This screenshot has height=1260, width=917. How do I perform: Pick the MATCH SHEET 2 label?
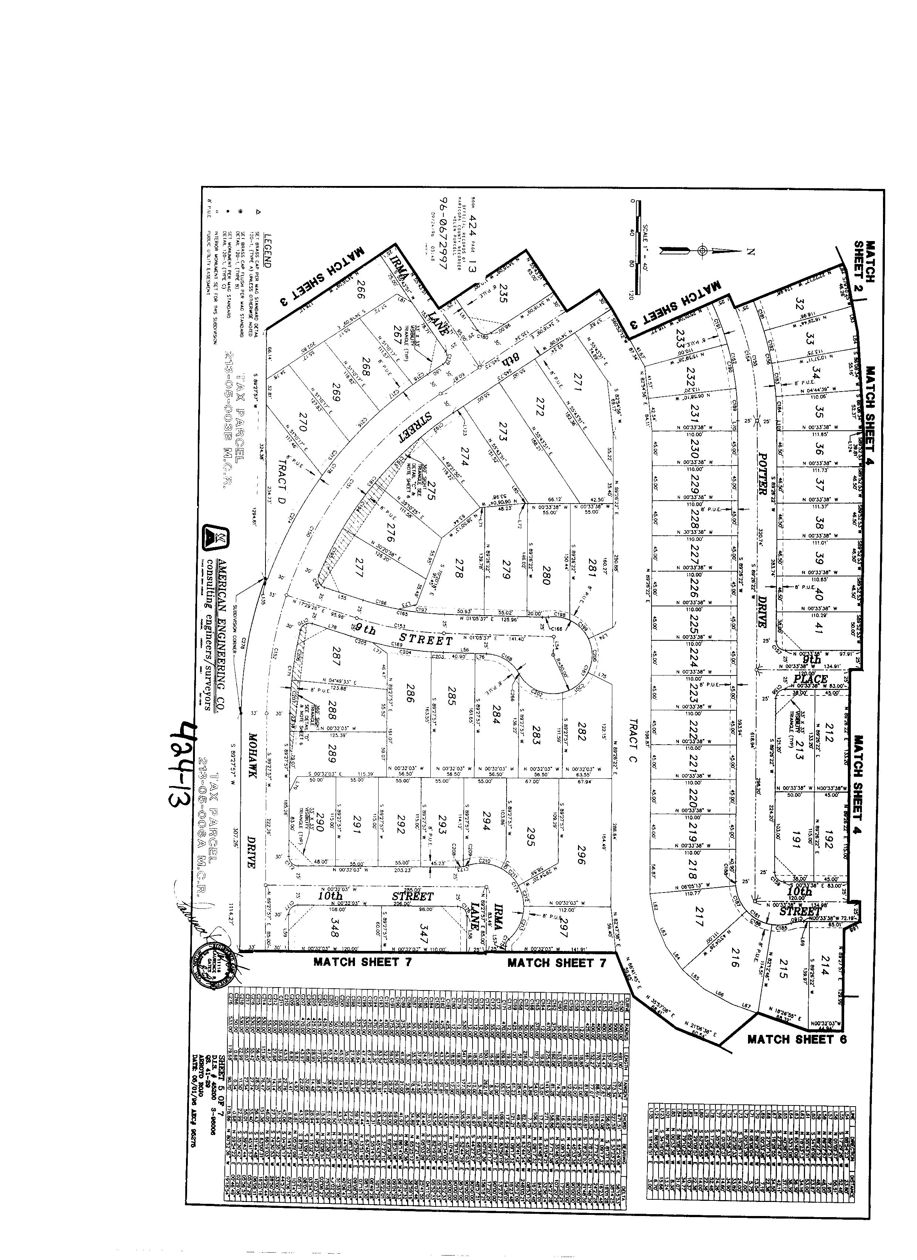click(x=864, y=261)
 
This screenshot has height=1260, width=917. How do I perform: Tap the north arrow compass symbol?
click(x=703, y=251)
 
